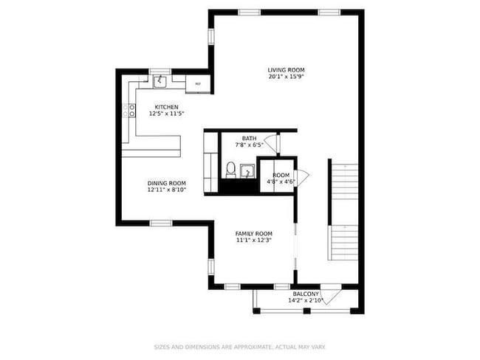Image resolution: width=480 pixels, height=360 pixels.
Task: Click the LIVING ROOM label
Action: pyautogui.click(x=286, y=70)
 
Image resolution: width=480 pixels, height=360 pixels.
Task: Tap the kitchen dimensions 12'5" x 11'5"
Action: pyautogui.click(x=166, y=114)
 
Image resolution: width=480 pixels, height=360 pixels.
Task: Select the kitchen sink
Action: pyautogui.click(x=159, y=78)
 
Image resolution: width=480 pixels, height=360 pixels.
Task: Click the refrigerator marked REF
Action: pyautogui.click(x=197, y=84)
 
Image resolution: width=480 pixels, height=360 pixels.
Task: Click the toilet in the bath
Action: pyautogui.click(x=230, y=170)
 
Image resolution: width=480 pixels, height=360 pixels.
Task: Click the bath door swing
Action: pyautogui.click(x=271, y=142)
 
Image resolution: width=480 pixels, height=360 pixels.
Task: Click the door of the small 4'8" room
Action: pyautogui.click(x=301, y=176)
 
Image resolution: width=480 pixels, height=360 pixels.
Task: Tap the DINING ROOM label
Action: pyautogui.click(x=166, y=183)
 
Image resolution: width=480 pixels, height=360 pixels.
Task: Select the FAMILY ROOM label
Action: pyautogui.click(x=253, y=233)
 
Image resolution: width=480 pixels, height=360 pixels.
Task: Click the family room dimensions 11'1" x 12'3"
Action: pyautogui.click(x=253, y=240)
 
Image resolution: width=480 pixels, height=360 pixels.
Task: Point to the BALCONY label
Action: pyautogui.click(x=306, y=294)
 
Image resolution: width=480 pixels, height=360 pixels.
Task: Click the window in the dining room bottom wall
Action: pyautogui.click(x=161, y=223)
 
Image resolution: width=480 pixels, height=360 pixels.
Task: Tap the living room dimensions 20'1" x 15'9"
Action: pyautogui.click(x=286, y=77)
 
